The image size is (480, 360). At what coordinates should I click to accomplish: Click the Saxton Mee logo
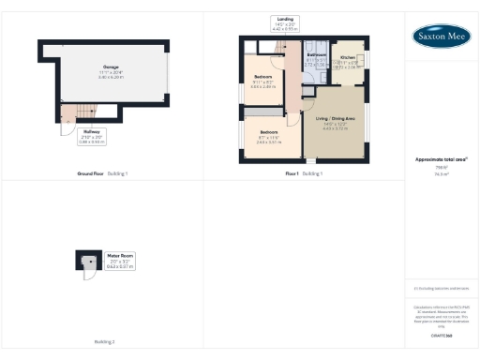[x=442, y=36]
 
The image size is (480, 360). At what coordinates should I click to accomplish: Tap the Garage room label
[x=111, y=70]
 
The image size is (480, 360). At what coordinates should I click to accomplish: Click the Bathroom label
[x=316, y=60]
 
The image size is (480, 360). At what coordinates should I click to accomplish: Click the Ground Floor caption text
[x=91, y=174]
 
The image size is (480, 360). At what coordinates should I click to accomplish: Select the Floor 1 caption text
[x=292, y=174]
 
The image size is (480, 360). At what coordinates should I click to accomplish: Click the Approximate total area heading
[x=441, y=159]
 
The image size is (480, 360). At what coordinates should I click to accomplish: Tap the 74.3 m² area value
[x=441, y=173]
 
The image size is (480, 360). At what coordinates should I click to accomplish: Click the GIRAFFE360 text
[x=441, y=335]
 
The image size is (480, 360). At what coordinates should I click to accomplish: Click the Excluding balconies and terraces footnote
[x=441, y=289]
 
